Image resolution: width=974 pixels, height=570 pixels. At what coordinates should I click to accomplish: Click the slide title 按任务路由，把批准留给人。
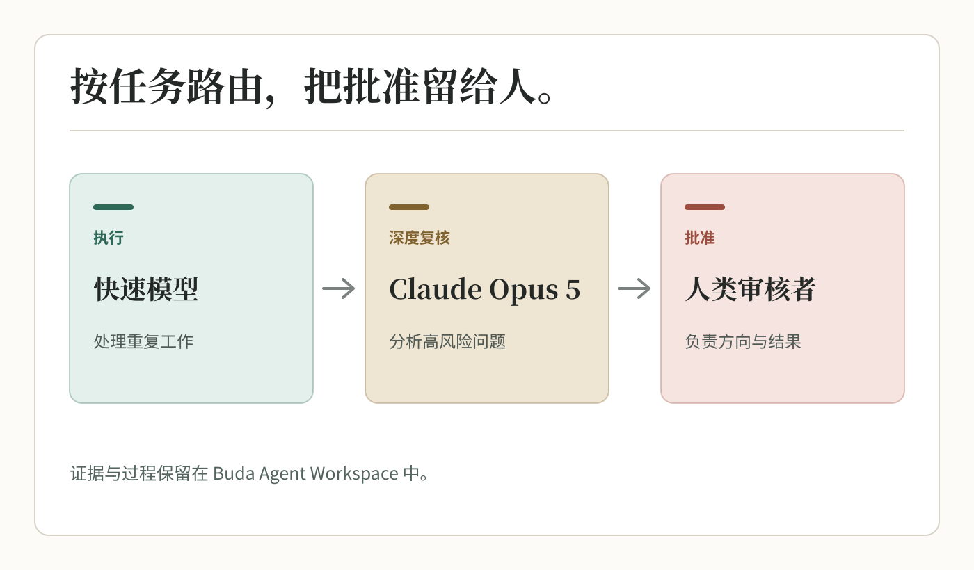pos(312,86)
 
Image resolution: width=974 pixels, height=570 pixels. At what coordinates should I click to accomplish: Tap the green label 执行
pos(109,238)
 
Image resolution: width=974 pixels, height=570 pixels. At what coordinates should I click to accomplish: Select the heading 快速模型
pos(146,289)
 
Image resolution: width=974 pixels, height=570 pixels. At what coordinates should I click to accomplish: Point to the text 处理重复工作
pos(143,341)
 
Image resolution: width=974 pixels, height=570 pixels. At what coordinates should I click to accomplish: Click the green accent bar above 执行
pos(113,207)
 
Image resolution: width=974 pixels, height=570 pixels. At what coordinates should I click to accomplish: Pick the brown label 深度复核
pos(420,238)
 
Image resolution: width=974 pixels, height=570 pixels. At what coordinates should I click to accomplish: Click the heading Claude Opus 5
pos(485,290)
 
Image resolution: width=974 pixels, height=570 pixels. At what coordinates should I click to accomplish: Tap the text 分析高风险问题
pos(447,341)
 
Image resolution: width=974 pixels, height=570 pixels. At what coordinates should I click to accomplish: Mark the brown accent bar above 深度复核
pos(409,207)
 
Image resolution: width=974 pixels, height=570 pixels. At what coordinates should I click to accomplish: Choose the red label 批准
pos(700,238)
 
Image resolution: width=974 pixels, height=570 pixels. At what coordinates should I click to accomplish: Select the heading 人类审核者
pos(751,289)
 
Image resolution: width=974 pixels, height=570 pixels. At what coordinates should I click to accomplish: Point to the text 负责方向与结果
pos(743,341)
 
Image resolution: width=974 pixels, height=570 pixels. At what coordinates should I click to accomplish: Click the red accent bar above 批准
pos(705,207)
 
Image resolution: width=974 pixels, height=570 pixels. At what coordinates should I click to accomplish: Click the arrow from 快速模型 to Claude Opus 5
pos(339,288)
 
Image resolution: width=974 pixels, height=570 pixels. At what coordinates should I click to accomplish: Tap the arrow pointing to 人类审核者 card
pos(634,288)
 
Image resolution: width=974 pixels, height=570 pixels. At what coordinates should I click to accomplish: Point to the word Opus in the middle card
pos(523,291)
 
